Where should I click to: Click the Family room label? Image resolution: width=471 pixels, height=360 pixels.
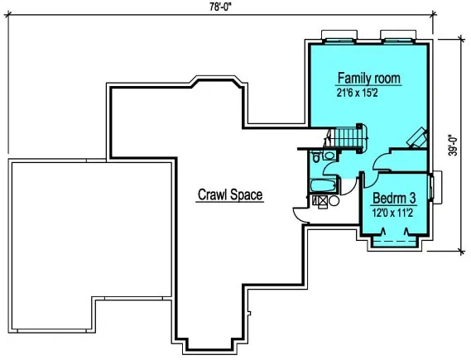pyautogui.click(x=368, y=79)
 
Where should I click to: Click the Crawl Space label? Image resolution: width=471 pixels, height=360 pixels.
pyautogui.click(x=229, y=195)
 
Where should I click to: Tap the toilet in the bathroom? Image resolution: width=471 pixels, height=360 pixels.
pyautogui.click(x=317, y=156)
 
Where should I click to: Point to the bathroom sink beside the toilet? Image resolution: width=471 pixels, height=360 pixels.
pyautogui.click(x=329, y=155)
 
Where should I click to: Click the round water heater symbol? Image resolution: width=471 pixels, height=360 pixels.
pyautogui.click(x=333, y=199)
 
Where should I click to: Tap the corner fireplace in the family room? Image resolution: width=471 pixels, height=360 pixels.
pyautogui.click(x=418, y=137)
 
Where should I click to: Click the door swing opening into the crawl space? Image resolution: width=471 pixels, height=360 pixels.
pyautogui.click(x=300, y=214)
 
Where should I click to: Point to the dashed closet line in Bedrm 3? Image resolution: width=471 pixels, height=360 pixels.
pyautogui.click(x=396, y=240)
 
